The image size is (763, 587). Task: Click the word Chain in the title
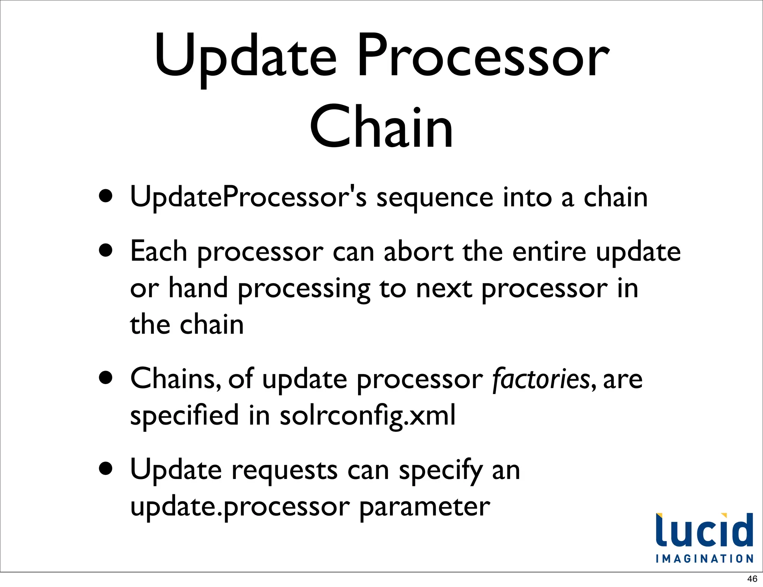click(x=381, y=127)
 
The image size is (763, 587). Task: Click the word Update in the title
click(x=246, y=56)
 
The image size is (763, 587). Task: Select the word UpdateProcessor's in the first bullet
click(x=248, y=197)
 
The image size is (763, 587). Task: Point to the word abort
click(x=418, y=252)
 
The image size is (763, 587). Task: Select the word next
click(x=444, y=289)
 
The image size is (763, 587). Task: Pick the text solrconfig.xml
click(x=367, y=416)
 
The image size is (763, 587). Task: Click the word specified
click(x=184, y=416)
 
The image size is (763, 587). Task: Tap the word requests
click(x=285, y=470)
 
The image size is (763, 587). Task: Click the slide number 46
click(x=752, y=579)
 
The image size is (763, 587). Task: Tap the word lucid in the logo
click(x=704, y=530)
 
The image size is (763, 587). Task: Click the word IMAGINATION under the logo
click(x=704, y=559)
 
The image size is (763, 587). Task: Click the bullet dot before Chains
click(x=106, y=378)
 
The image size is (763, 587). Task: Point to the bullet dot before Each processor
click(x=106, y=251)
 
